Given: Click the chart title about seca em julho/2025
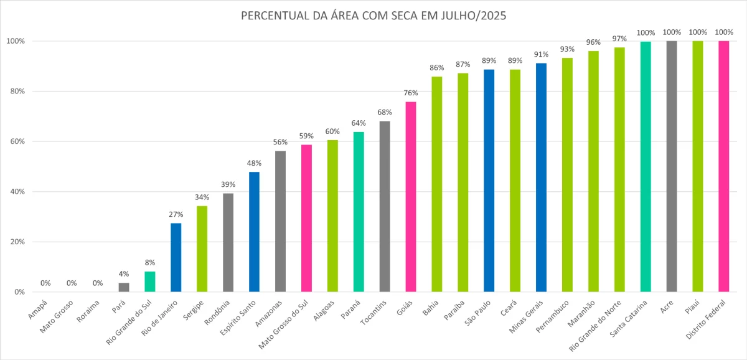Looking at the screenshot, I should (x=374, y=16).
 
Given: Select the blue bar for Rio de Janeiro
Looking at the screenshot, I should (x=176, y=257).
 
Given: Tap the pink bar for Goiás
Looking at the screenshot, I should (x=411, y=197).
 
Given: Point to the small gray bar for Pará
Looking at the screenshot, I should (x=124, y=287).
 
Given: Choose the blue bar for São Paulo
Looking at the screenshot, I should (x=489, y=181).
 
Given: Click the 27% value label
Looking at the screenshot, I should (x=176, y=214).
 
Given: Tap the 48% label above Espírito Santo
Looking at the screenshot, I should (x=254, y=164).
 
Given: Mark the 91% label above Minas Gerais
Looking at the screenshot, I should (x=541, y=54).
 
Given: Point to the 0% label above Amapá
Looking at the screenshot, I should (x=45, y=283).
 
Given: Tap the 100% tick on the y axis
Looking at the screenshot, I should (x=14, y=41).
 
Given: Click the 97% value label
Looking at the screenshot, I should (x=619, y=39).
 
